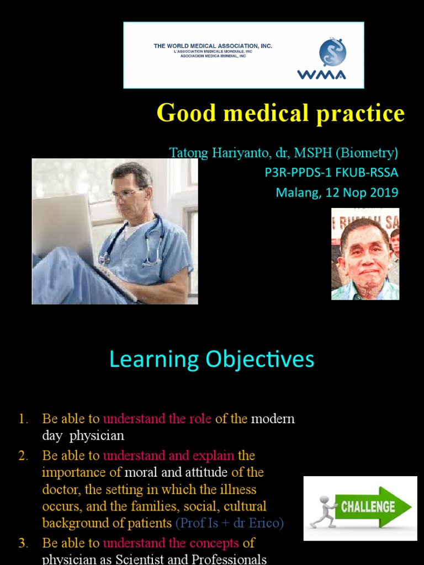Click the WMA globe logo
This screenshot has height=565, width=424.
(x=332, y=52)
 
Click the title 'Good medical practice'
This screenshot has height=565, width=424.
(x=280, y=113)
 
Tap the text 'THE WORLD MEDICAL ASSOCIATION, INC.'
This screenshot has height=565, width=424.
(x=213, y=46)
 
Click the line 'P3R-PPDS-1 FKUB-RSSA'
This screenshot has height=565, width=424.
(x=331, y=173)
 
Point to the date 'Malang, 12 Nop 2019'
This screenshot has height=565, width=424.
(x=337, y=193)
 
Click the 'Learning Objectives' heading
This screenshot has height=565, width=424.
(x=211, y=359)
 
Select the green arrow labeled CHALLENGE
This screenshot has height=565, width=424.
(x=375, y=507)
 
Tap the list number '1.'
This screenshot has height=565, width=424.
(x=23, y=419)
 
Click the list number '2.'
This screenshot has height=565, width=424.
(x=23, y=456)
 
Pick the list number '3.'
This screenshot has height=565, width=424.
(x=23, y=543)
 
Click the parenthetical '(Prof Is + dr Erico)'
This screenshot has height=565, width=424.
(x=229, y=523)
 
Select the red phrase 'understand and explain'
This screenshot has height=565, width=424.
(x=168, y=456)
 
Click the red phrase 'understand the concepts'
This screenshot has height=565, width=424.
(x=171, y=543)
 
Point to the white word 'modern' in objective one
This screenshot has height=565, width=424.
(x=273, y=419)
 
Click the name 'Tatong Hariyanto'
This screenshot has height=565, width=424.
(x=210, y=152)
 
